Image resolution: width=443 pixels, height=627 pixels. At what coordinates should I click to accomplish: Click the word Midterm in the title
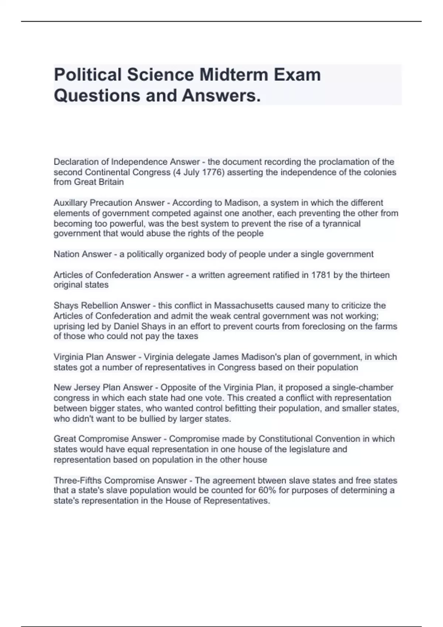tap(234, 75)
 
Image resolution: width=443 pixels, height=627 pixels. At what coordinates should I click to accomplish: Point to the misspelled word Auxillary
tap(71, 203)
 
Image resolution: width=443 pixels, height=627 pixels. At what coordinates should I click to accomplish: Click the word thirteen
tap(375, 275)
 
